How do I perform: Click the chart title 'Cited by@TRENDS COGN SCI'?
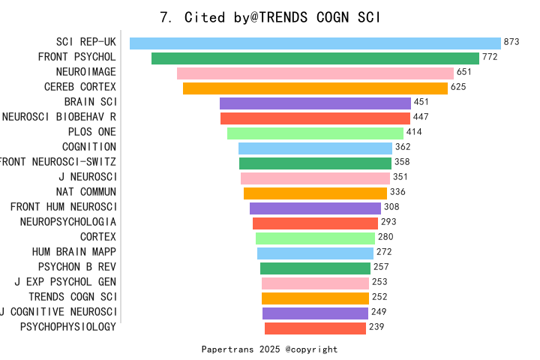pyautogui.click(x=270, y=17)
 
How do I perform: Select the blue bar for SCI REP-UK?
pyautogui.click(x=315, y=43)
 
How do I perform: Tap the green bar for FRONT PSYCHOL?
pyautogui.click(x=315, y=58)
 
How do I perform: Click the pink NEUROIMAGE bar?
pyautogui.click(x=315, y=73)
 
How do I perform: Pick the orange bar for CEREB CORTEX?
pyautogui.click(x=315, y=88)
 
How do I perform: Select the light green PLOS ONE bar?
pyautogui.click(x=315, y=133)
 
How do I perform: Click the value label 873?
pyautogui.click(x=511, y=43)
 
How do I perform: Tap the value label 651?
pyautogui.click(x=464, y=73)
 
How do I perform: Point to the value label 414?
pyautogui.click(x=414, y=133)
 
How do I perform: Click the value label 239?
pyautogui.click(x=376, y=327)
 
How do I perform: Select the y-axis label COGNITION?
pyautogui.click(x=89, y=147)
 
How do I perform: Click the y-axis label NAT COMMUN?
pyautogui.click(x=86, y=192)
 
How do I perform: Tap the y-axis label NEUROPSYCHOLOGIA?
pyautogui.click(x=68, y=222)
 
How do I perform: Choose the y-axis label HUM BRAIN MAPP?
pyautogui.click(x=74, y=252)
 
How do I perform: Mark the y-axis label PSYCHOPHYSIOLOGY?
pyautogui.click(x=68, y=327)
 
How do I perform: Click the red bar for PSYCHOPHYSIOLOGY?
pyautogui.click(x=315, y=328)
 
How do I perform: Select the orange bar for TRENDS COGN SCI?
pyautogui.click(x=315, y=298)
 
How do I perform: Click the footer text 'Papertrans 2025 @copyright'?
pyautogui.click(x=269, y=349)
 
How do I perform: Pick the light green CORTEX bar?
pyautogui.click(x=315, y=238)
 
